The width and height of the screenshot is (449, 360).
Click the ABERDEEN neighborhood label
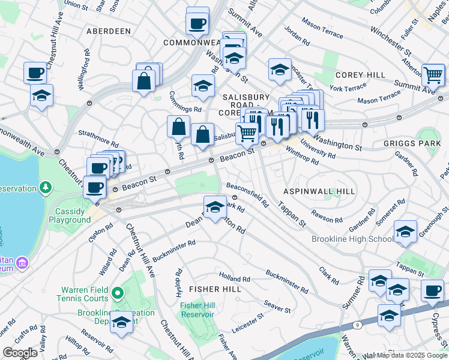pyautogui.click(x=108, y=31)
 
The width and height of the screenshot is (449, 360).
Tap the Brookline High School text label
pyautogui.click(x=353, y=239)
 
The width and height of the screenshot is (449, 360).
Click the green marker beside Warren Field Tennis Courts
pyautogui.click(x=118, y=293)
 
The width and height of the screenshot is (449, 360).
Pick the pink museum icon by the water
pyautogui.click(x=22, y=263)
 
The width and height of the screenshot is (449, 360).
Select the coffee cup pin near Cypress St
pyautogui.click(x=432, y=290)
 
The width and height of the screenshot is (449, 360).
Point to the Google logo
pyautogui.click(x=19, y=353)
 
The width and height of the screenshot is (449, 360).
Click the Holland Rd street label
pyautogui.click(x=235, y=279)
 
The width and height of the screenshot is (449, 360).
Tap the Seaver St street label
pyautogui.click(x=277, y=307)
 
